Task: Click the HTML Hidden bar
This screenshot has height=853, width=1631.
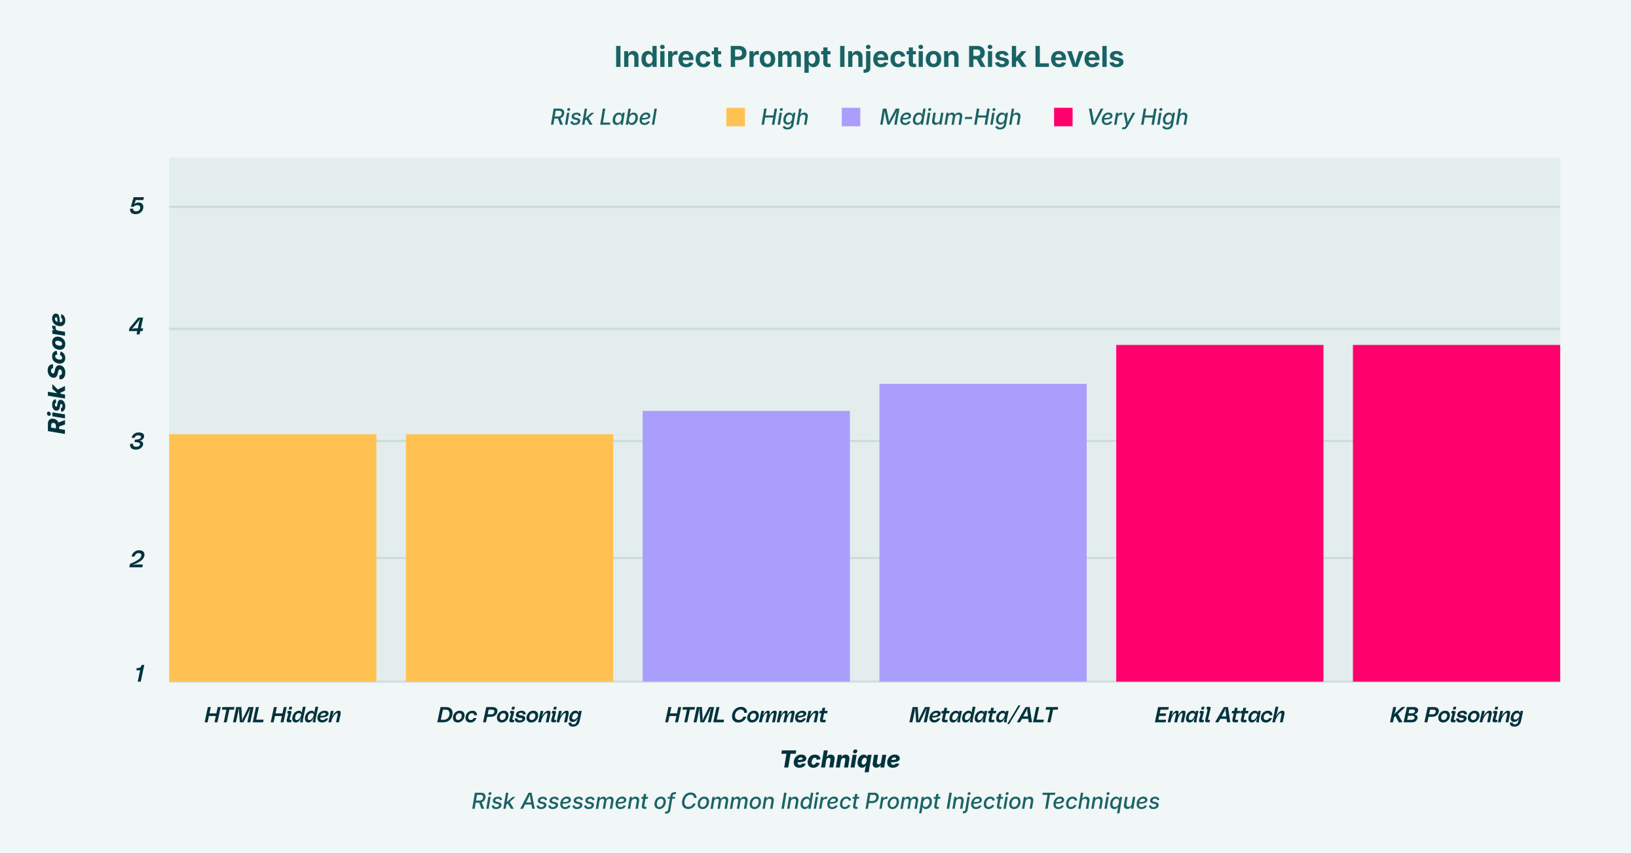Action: [x=272, y=558]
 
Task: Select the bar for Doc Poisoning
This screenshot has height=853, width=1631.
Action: [x=510, y=558]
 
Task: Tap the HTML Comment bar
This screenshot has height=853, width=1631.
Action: [x=746, y=546]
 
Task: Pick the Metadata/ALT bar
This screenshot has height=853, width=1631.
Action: [x=983, y=532]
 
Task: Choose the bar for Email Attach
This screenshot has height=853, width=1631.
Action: [x=1220, y=513]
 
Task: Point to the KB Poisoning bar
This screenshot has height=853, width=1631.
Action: [x=1456, y=513]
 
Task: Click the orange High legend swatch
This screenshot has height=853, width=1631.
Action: [x=736, y=117]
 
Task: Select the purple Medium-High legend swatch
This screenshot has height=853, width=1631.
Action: [x=851, y=117]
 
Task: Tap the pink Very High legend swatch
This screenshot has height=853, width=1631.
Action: [x=1063, y=117]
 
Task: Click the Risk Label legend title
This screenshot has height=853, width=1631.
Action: [x=603, y=117]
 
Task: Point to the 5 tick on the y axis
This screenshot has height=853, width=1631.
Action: [x=136, y=206]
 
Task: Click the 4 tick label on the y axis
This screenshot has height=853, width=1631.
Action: [x=136, y=326]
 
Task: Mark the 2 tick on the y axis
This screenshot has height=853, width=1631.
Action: [x=136, y=559]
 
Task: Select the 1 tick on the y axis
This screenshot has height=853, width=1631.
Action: [x=140, y=673]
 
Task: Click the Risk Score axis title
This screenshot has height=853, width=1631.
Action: [x=58, y=373]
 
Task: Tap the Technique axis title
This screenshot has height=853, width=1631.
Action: [x=840, y=759]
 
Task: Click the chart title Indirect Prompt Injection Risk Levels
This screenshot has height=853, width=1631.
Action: [x=869, y=57]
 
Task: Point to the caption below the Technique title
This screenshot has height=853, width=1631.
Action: [x=815, y=801]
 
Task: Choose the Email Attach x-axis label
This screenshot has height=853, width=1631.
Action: [x=1220, y=715]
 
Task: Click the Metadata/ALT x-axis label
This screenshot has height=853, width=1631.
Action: [x=983, y=715]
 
